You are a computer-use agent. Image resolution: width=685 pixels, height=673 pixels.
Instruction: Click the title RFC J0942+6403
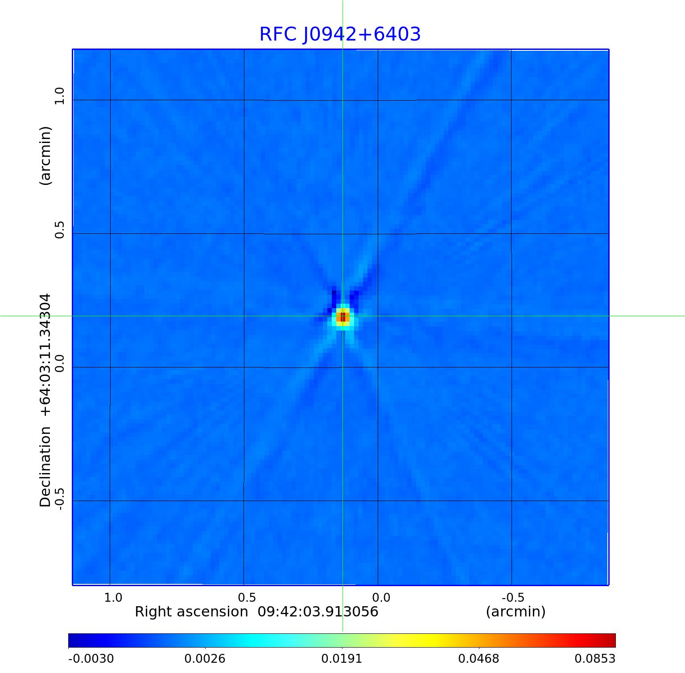pyautogui.click(x=340, y=34)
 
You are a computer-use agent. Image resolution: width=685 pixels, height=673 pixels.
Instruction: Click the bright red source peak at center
pyautogui.click(x=342, y=317)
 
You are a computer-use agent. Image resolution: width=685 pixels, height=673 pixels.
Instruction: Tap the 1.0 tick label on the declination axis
pyautogui.click(x=59, y=96)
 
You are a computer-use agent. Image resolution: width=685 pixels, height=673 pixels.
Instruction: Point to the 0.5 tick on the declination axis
pyautogui.click(x=59, y=229)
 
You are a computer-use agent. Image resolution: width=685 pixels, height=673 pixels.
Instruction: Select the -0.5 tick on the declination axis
pyautogui.click(x=59, y=499)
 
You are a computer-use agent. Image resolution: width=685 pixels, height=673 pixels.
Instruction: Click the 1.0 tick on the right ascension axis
pyautogui.click(x=113, y=597)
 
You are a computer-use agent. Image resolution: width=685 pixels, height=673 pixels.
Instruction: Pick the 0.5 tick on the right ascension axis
pyautogui.click(x=247, y=597)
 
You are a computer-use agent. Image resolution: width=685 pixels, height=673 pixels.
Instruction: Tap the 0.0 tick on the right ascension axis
pyautogui.click(x=381, y=597)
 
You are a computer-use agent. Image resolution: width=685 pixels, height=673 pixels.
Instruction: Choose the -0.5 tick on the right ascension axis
pyautogui.click(x=513, y=597)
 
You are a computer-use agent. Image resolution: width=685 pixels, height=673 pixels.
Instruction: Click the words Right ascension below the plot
pyautogui.click(x=191, y=612)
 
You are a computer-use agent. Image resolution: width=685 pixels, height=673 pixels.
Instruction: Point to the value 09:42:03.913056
pyautogui.click(x=318, y=612)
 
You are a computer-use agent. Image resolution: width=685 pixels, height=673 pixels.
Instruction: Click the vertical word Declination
pyautogui.click(x=45, y=467)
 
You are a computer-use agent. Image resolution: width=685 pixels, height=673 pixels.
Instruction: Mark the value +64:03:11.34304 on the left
pyautogui.click(x=45, y=355)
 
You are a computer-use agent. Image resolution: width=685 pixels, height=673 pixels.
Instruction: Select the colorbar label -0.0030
pyautogui.click(x=91, y=658)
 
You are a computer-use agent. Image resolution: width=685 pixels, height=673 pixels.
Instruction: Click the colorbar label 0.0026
pyautogui.click(x=205, y=658)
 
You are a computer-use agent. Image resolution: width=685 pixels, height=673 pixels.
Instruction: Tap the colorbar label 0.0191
pyautogui.click(x=342, y=658)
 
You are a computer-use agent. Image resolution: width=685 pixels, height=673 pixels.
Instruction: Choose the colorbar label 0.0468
pyautogui.click(x=479, y=658)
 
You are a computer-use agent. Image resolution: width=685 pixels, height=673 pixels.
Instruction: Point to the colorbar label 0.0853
pyautogui.click(x=594, y=658)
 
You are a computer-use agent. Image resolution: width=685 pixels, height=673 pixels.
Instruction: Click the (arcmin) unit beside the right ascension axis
pyautogui.click(x=516, y=612)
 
